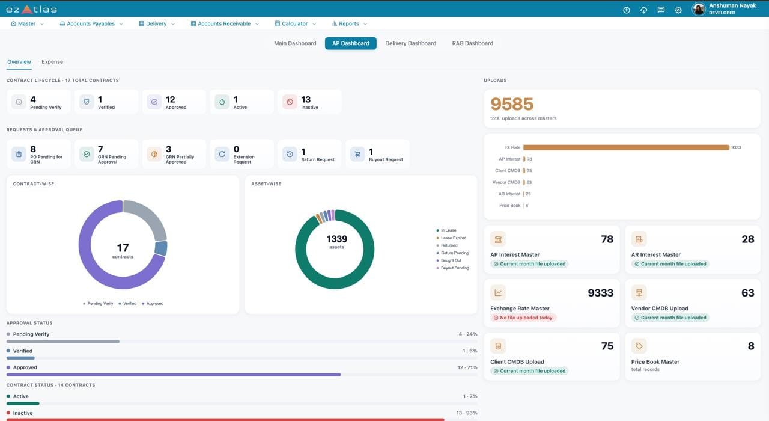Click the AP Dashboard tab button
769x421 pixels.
(350, 43)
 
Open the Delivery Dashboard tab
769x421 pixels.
(410, 43)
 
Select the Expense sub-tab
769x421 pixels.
(52, 62)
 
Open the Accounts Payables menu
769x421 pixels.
(91, 23)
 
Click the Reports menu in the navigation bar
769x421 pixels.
(349, 23)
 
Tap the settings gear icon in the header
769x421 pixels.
(678, 10)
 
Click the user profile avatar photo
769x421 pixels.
(699, 9)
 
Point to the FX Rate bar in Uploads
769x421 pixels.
(626, 147)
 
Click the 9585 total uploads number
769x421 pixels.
(512, 104)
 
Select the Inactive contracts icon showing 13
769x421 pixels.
(290, 102)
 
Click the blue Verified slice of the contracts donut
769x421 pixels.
(161, 248)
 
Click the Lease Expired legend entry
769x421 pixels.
(451, 238)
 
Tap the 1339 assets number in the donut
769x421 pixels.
(336, 239)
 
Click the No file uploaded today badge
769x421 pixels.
(523, 318)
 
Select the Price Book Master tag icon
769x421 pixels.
(639, 346)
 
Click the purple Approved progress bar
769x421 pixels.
(174, 375)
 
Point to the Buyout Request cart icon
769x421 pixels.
(357, 155)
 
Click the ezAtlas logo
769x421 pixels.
(32, 10)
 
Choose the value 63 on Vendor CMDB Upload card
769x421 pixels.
(748, 293)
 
